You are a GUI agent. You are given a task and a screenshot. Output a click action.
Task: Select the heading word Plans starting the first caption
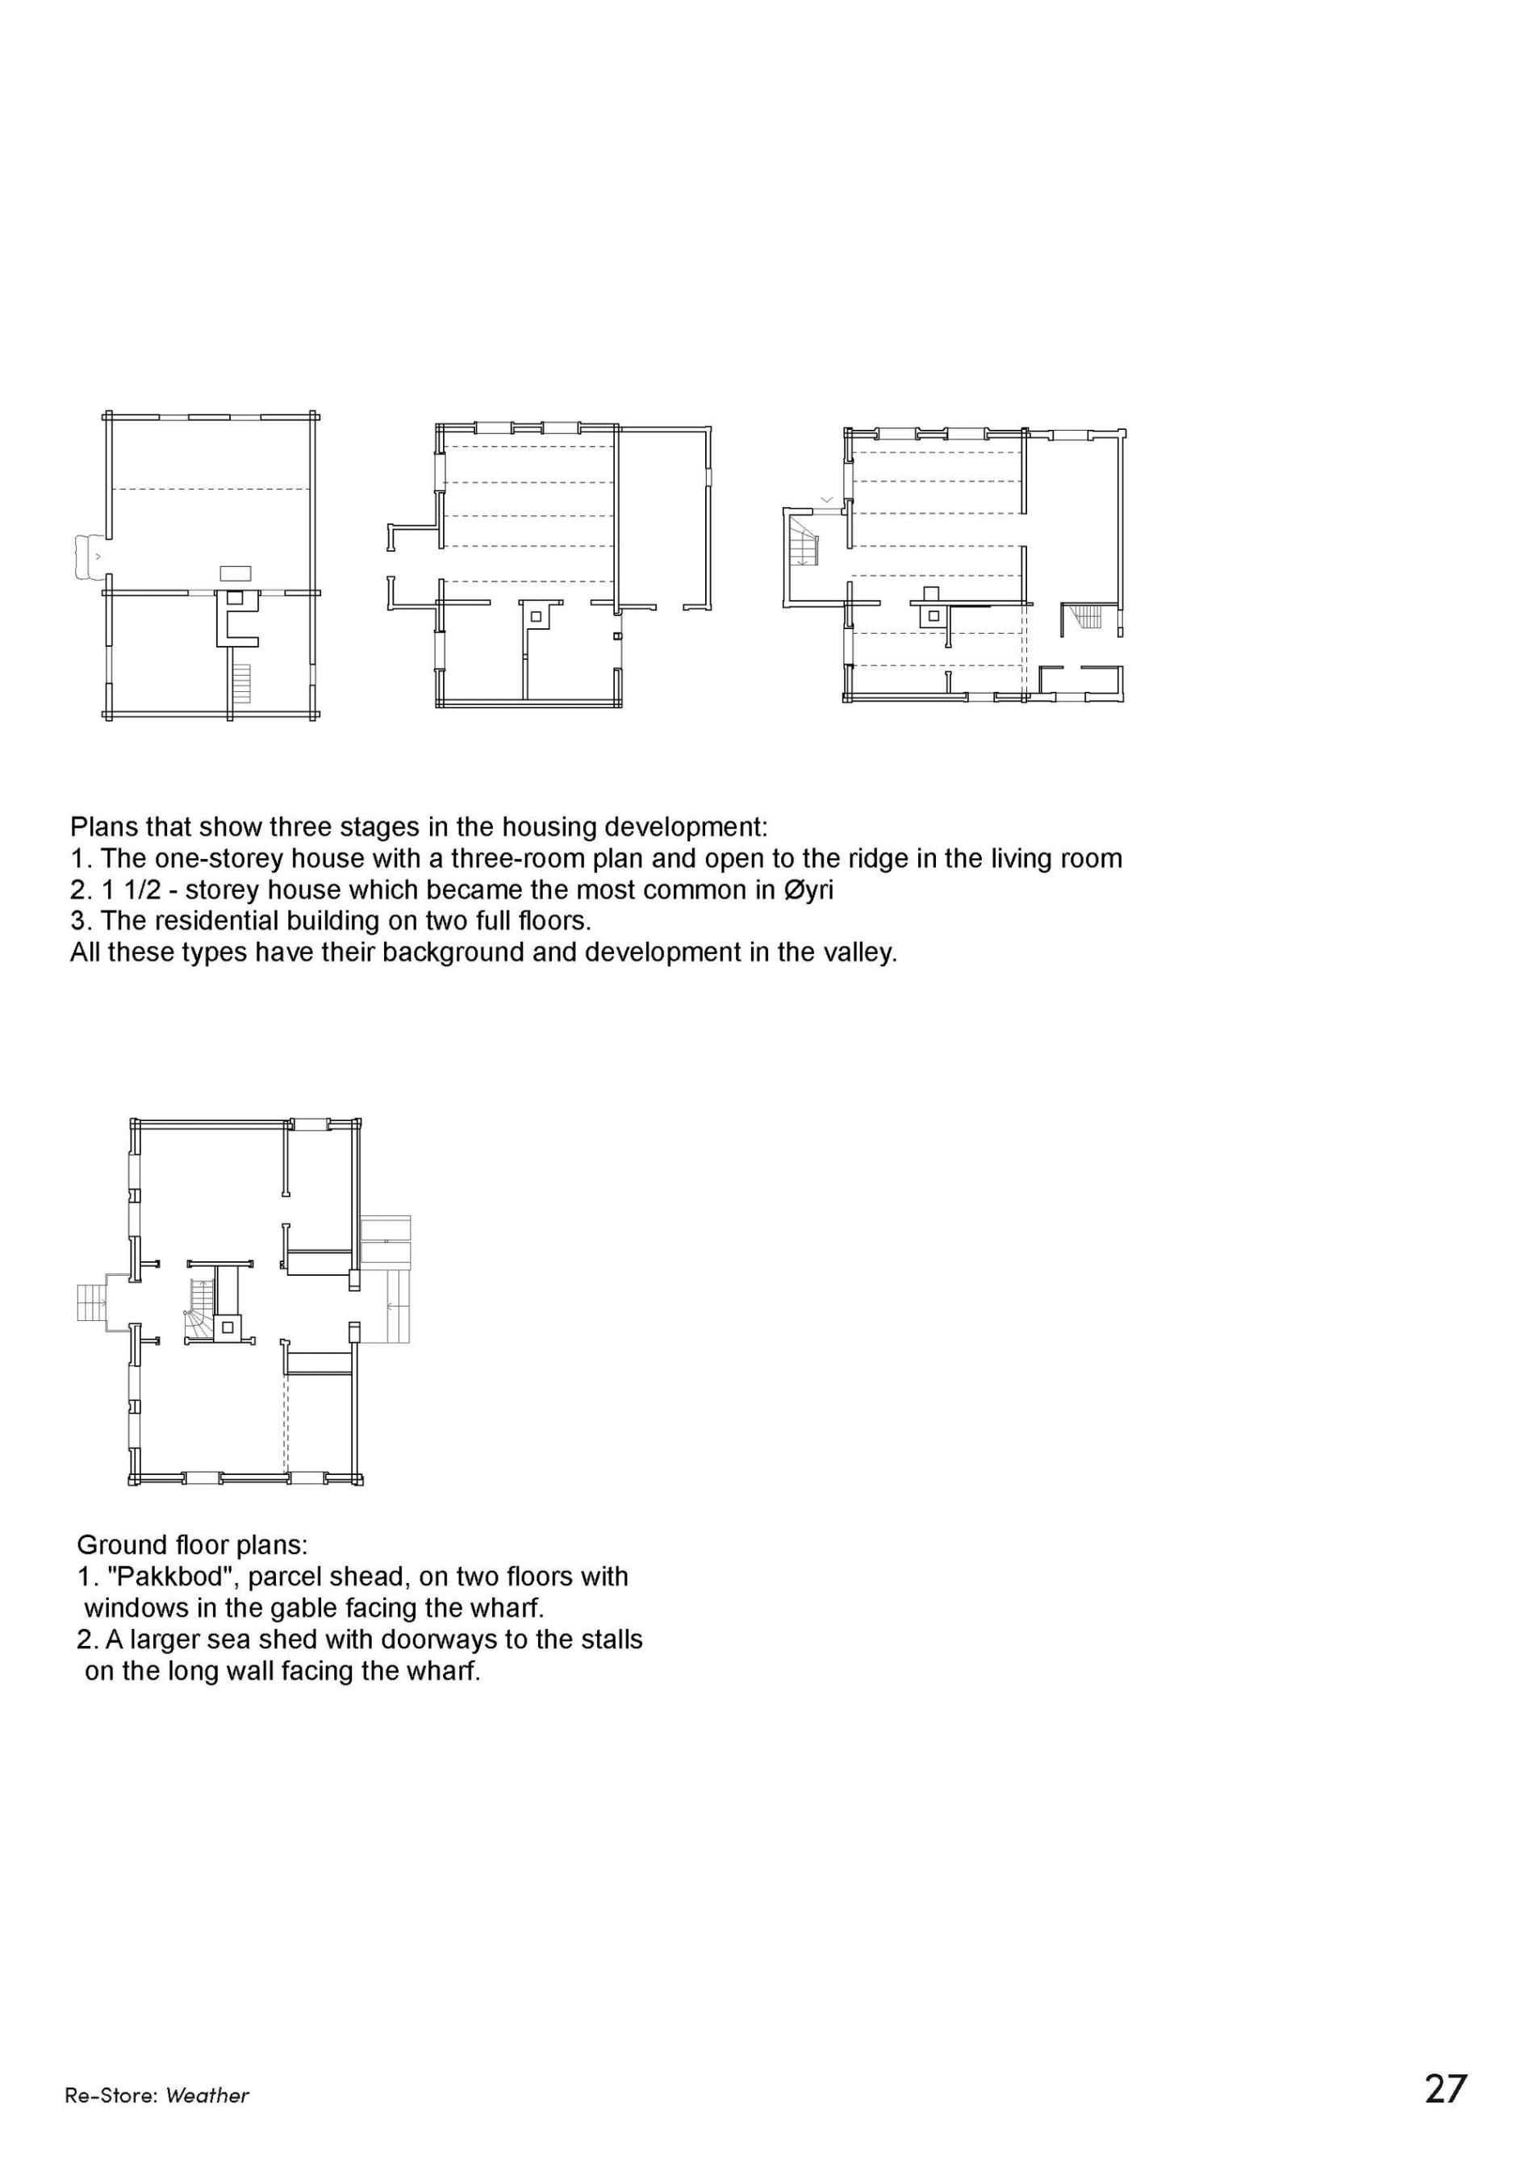(x=106, y=827)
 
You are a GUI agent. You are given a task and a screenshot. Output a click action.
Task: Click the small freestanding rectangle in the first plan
(x=235, y=573)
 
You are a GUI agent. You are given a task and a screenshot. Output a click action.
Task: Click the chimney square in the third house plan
(x=933, y=616)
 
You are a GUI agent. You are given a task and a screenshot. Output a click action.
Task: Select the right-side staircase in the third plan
(x=1088, y=616)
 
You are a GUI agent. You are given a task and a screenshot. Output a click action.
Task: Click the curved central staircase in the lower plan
(x=201, y=1311)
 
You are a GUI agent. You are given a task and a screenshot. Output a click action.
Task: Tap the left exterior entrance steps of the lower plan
(x=91, y=1302)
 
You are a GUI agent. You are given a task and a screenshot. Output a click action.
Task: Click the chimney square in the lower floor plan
(x=227, y=1327)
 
